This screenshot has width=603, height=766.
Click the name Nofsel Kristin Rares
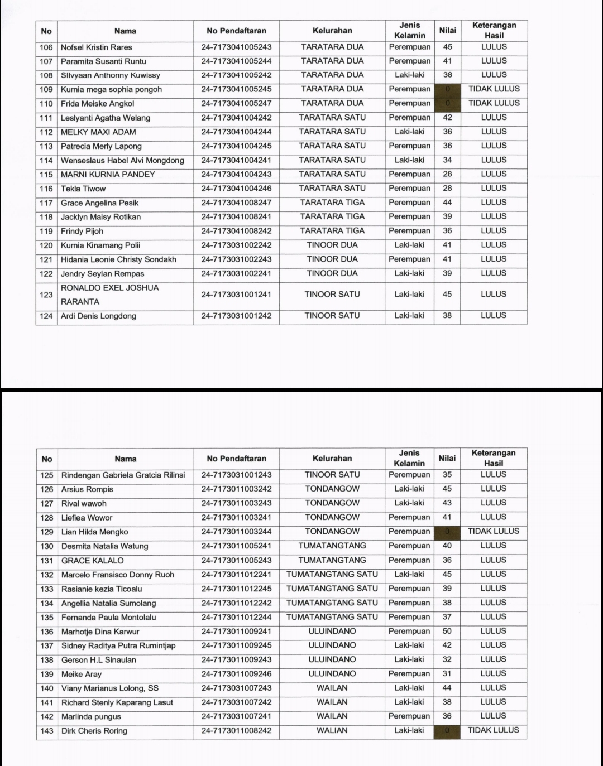coord(96,47)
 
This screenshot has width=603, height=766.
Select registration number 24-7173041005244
coord(236,61)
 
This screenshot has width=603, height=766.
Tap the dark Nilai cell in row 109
coord(447,89)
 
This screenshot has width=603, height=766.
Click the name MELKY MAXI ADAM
coord(98,132)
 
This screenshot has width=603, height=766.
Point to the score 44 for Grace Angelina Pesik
coord(447,203)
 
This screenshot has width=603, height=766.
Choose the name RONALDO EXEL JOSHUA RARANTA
coord(110,295)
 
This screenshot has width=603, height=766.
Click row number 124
coord(46,316)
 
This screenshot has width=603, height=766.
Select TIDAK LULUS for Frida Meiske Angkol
coord(494,103)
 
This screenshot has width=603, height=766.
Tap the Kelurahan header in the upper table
coord(332,31)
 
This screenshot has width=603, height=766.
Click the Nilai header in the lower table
coord(447,459)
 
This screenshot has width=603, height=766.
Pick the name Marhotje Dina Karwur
coord(100,632)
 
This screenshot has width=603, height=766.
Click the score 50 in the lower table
coord(447,632)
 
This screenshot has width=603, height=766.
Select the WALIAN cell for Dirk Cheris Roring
coord(332,730)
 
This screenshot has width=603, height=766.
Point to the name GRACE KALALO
coord(93,561)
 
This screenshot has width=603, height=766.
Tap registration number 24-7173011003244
coord(236,532)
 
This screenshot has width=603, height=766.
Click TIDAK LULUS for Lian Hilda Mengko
coord(494,532)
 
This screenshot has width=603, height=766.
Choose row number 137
coord(47,646)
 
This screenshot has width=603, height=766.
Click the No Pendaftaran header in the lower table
coord(236,459)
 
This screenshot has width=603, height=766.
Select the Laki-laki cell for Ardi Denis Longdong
coord(409,316)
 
